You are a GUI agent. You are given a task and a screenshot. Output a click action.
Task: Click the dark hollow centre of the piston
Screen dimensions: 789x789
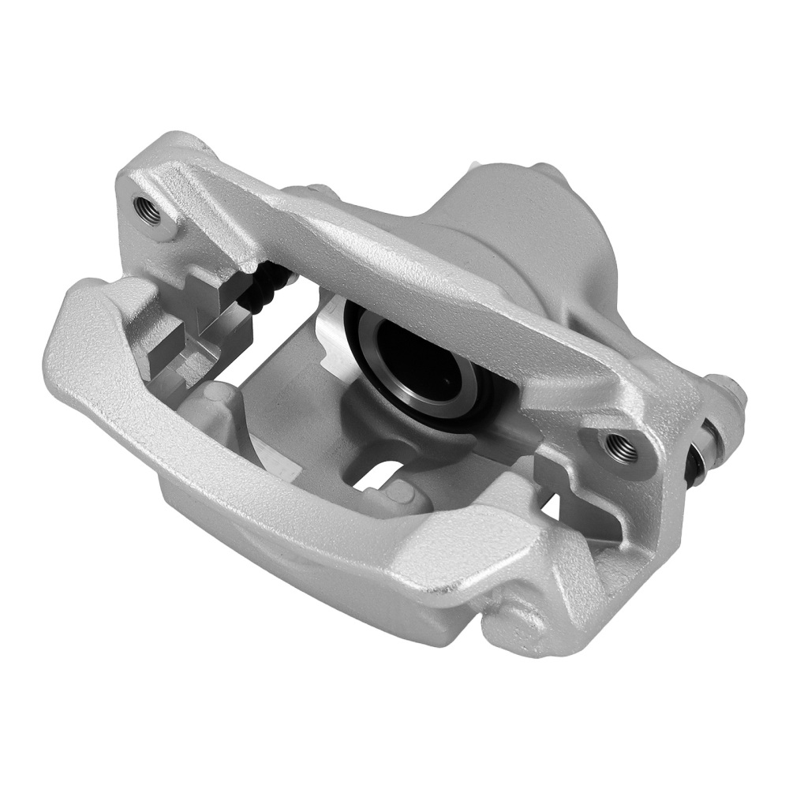pos(410,359)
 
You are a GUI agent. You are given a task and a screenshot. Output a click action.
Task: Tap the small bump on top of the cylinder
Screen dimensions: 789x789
pos(544,170)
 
